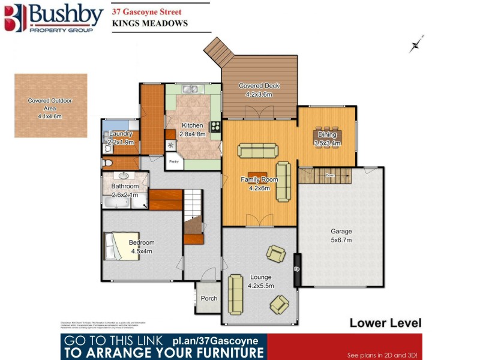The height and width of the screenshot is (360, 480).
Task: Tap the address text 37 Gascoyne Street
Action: (148, 11)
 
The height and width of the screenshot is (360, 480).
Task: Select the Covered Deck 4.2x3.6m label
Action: (259, 90)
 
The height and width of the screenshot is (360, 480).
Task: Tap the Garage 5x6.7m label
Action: (341, 235)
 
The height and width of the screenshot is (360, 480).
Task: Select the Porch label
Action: (209, 298)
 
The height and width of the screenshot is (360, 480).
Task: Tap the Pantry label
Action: (174, 161)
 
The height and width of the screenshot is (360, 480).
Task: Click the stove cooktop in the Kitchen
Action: (214, 127)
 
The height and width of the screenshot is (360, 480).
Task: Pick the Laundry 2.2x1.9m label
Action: (121, 137)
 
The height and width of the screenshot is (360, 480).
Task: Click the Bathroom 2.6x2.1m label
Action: (125, 190)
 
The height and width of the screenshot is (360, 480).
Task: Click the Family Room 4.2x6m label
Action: (259, 184)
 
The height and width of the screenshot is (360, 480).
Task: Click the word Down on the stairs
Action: (329, 175)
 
